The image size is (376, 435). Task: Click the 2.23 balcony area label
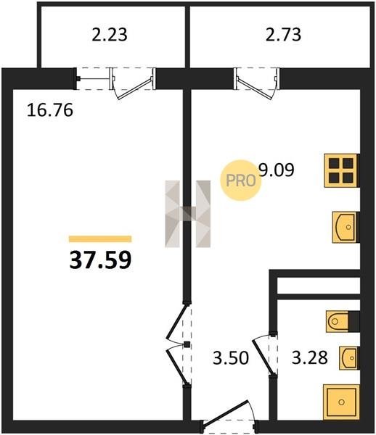click(110, 35)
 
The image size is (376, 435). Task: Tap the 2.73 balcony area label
click(283, 35)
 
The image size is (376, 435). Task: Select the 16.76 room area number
click(50, 110)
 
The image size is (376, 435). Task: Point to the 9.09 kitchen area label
click(276, 170)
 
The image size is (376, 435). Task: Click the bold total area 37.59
click(100, 260)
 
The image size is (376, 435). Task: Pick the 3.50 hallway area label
click(231, 357)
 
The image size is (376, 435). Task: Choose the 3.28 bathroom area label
click(310, 357)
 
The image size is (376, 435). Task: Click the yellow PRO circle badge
click(240, 181)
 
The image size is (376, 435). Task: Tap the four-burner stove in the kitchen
click(341, 170)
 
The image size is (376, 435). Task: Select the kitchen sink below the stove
click(346, 227)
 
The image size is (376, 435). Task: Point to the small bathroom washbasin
click(349, 358)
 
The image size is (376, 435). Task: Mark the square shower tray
click(341, 402)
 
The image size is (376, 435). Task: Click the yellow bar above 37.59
click(100, 239)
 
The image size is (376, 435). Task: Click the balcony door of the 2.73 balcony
click(257, 83)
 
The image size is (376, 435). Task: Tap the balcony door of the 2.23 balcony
click(133, 83)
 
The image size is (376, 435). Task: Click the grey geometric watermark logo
click(188, 214)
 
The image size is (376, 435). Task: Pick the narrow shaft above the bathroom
click(319, 286)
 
